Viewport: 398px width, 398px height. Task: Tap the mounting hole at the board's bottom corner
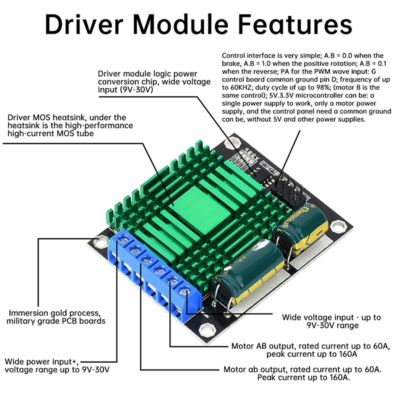[207, 329]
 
